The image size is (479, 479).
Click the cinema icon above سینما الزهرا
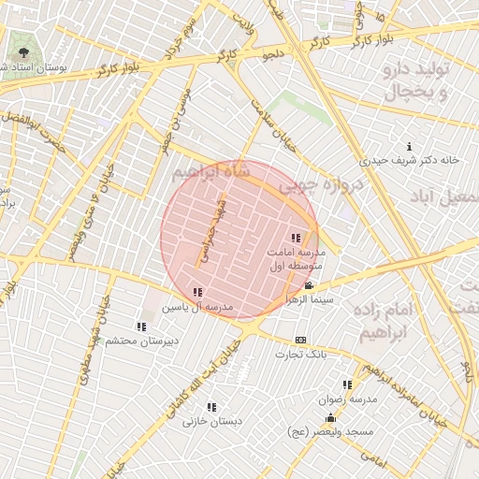(309, 285)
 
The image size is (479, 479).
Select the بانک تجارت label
(299, 354)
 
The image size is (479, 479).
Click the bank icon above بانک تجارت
(299, 340)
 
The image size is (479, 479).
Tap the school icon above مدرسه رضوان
(347, 385)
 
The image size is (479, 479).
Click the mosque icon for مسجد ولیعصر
(330, 418)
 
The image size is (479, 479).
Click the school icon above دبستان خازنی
(211, 407)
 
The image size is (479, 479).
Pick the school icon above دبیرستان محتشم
(140, 327)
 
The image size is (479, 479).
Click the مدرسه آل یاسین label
(197, 307)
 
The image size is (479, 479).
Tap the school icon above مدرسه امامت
(297, 238)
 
